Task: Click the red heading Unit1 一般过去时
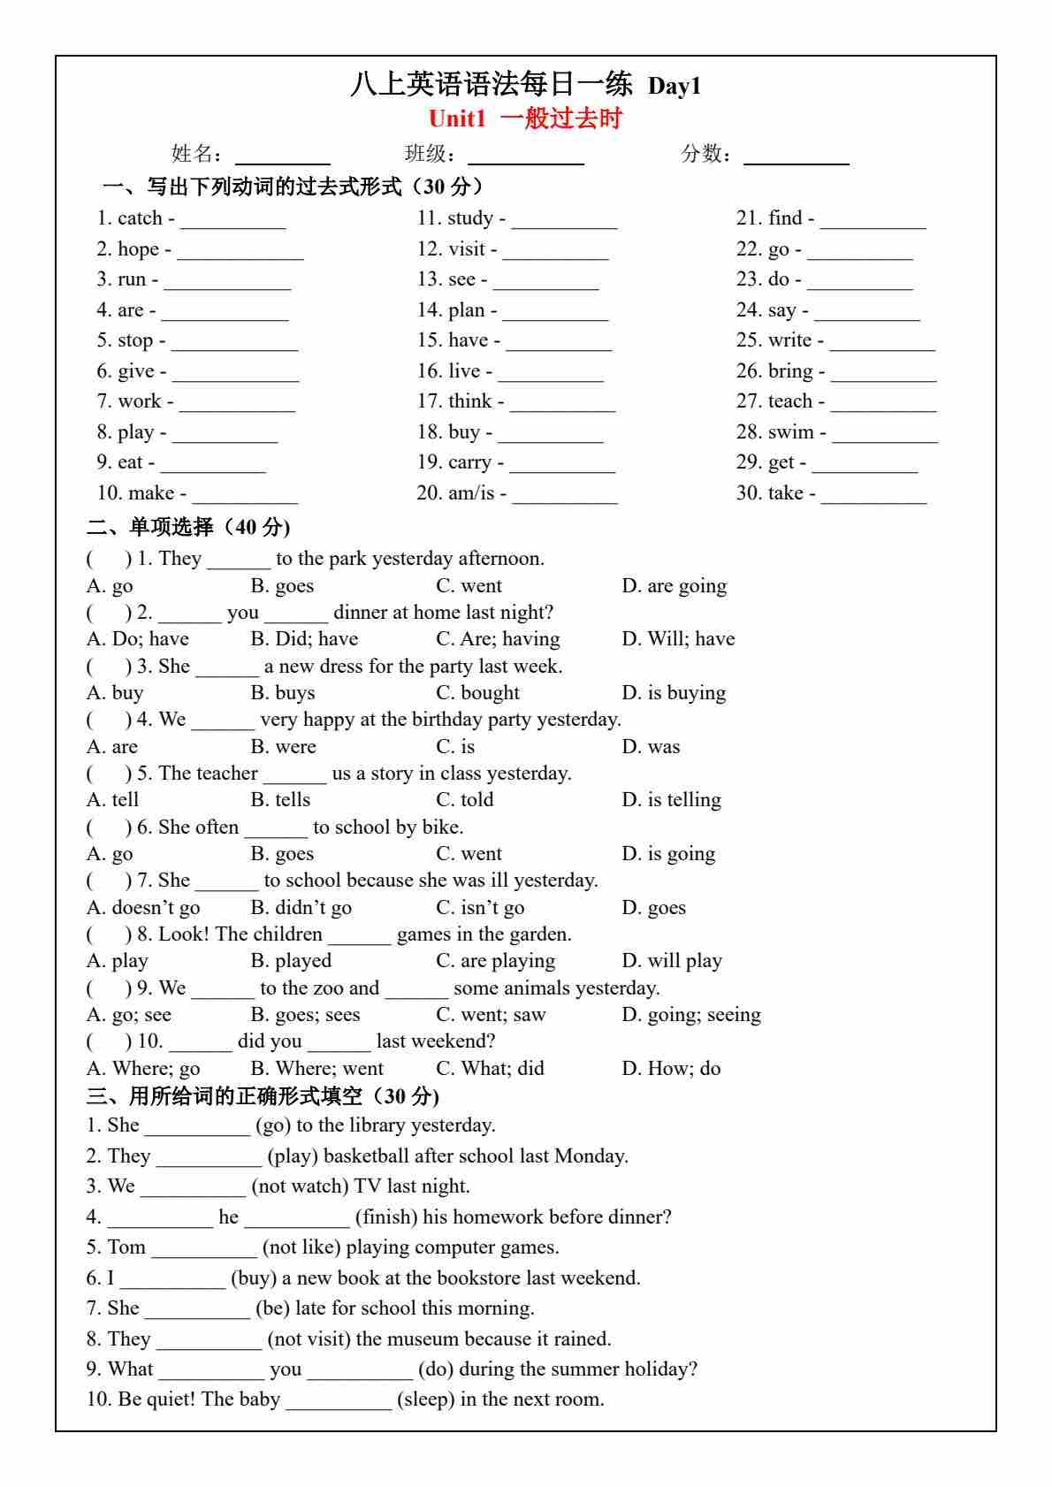(x=525, y=118)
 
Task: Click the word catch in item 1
(x=140, y=218)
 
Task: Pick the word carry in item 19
(x=469, y=462)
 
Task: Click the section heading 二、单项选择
(x=187, y=527)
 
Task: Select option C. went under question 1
(x=469, y=586)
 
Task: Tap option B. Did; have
(x=304, y=639)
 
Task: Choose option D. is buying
(x=674, y=693)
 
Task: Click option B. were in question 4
(x=283, y=747)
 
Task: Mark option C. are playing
(x=495, y=961)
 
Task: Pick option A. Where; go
(x=143, y=1069)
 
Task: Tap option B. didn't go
(x=301, y=908)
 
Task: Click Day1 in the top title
(x=675, y=86)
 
